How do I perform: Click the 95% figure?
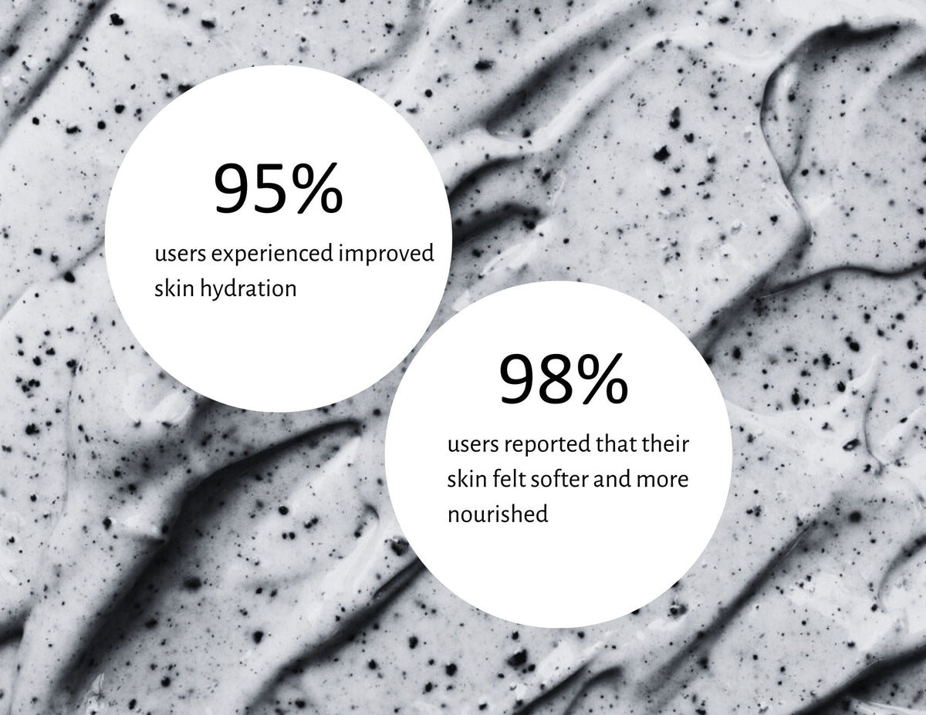point(279,187)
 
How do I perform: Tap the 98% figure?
point(563,379)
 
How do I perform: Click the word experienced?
point(272,255)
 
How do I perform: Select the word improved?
point(387,255)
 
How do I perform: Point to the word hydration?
point(249,289)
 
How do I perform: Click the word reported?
point(548,445)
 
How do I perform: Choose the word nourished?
point(498,514)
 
